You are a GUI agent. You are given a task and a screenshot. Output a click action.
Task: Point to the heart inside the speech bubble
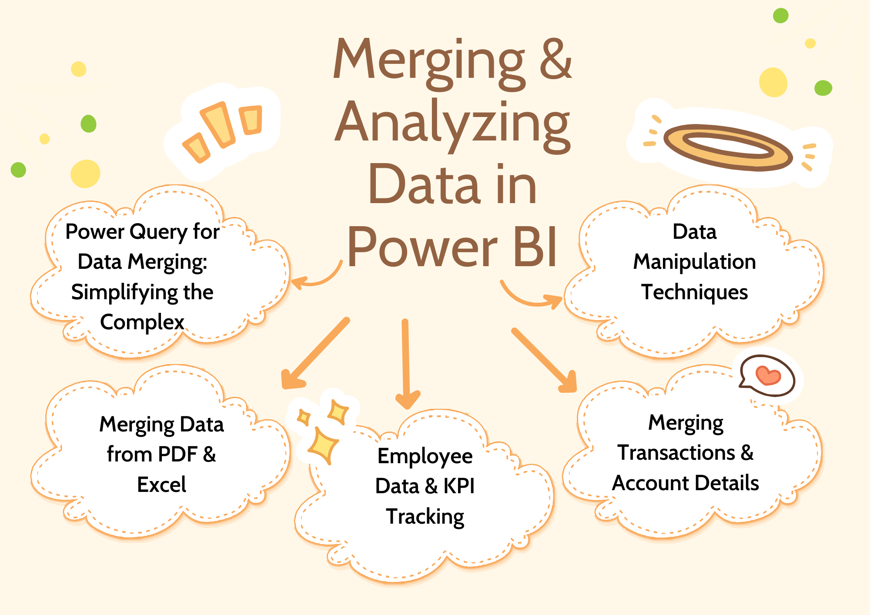click(768, 375)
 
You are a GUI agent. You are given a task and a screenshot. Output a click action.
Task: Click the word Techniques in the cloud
click(694, 292)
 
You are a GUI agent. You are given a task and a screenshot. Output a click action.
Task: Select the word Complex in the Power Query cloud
click(142, 322)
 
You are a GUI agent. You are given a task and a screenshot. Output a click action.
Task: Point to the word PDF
click(177, 455)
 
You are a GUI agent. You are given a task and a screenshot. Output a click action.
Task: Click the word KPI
click(459, 486)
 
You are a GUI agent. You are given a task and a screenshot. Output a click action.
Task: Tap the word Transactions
click(676, 453)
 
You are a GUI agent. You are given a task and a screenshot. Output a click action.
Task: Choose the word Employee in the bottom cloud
click(425, 456)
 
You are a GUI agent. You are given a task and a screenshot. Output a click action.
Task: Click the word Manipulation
click(694, 262)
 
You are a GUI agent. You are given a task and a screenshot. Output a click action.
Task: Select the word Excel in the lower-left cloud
click(161, 485)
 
